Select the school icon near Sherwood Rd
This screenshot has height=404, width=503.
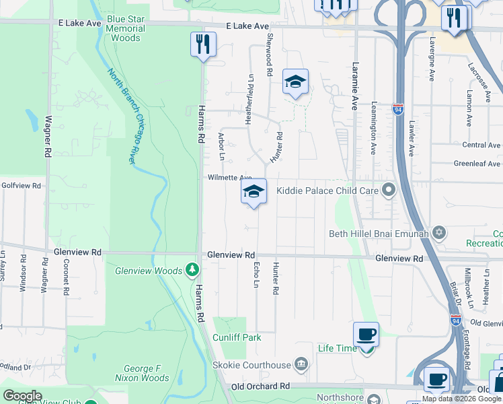pyautogui.click(x=295, y=82)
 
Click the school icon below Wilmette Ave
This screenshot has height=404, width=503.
pyautogui.click(x=254, y=192)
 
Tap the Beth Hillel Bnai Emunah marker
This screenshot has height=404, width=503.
pyautogui.click(x=439, y=234)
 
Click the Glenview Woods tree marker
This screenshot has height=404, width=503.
pyautogui.click(x=193, y=271)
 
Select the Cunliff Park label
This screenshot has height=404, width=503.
pyautogui.click(x=237, y=337)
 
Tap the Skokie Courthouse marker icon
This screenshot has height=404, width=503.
pyautogui.click(x=301, y=365)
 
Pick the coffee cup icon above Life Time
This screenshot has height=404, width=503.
pyautogui.click(x=366, y=334)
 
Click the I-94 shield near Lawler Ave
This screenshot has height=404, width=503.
pyautogui.click(x=398, y=108)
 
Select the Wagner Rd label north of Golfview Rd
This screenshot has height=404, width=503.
pyautogui.click(x=48, y=137)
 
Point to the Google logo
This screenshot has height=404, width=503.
pyautogui.click(x=22, y=396)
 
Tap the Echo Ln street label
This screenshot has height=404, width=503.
pyautogui.click(x=256, y=275)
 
